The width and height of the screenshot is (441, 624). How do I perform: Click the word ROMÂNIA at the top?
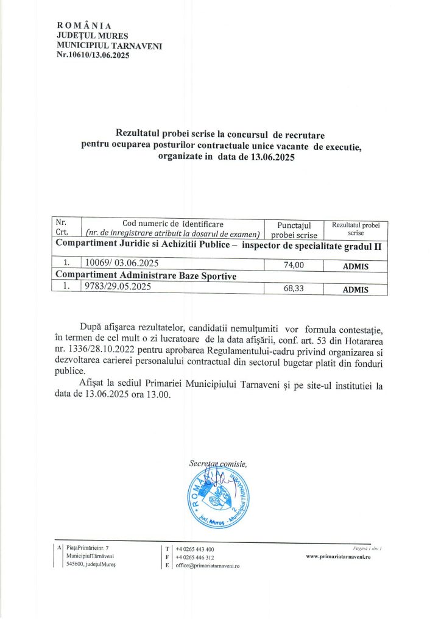click(x=84, y=26)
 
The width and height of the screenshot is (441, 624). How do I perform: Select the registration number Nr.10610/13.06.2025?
click(x=93, y=55)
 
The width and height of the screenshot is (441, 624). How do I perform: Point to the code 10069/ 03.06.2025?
click(x=122, y=263)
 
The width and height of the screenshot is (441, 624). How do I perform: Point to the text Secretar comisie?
click(x=217, y=464)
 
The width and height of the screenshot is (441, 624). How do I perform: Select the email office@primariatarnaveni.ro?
click(x=207, y=565)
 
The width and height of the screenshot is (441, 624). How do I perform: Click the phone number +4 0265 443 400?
click(x=194, y=549)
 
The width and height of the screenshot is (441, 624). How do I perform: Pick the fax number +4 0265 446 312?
click(x=194, y=557)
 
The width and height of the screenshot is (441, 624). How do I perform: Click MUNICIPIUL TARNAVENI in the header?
click(x=110, y=45)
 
